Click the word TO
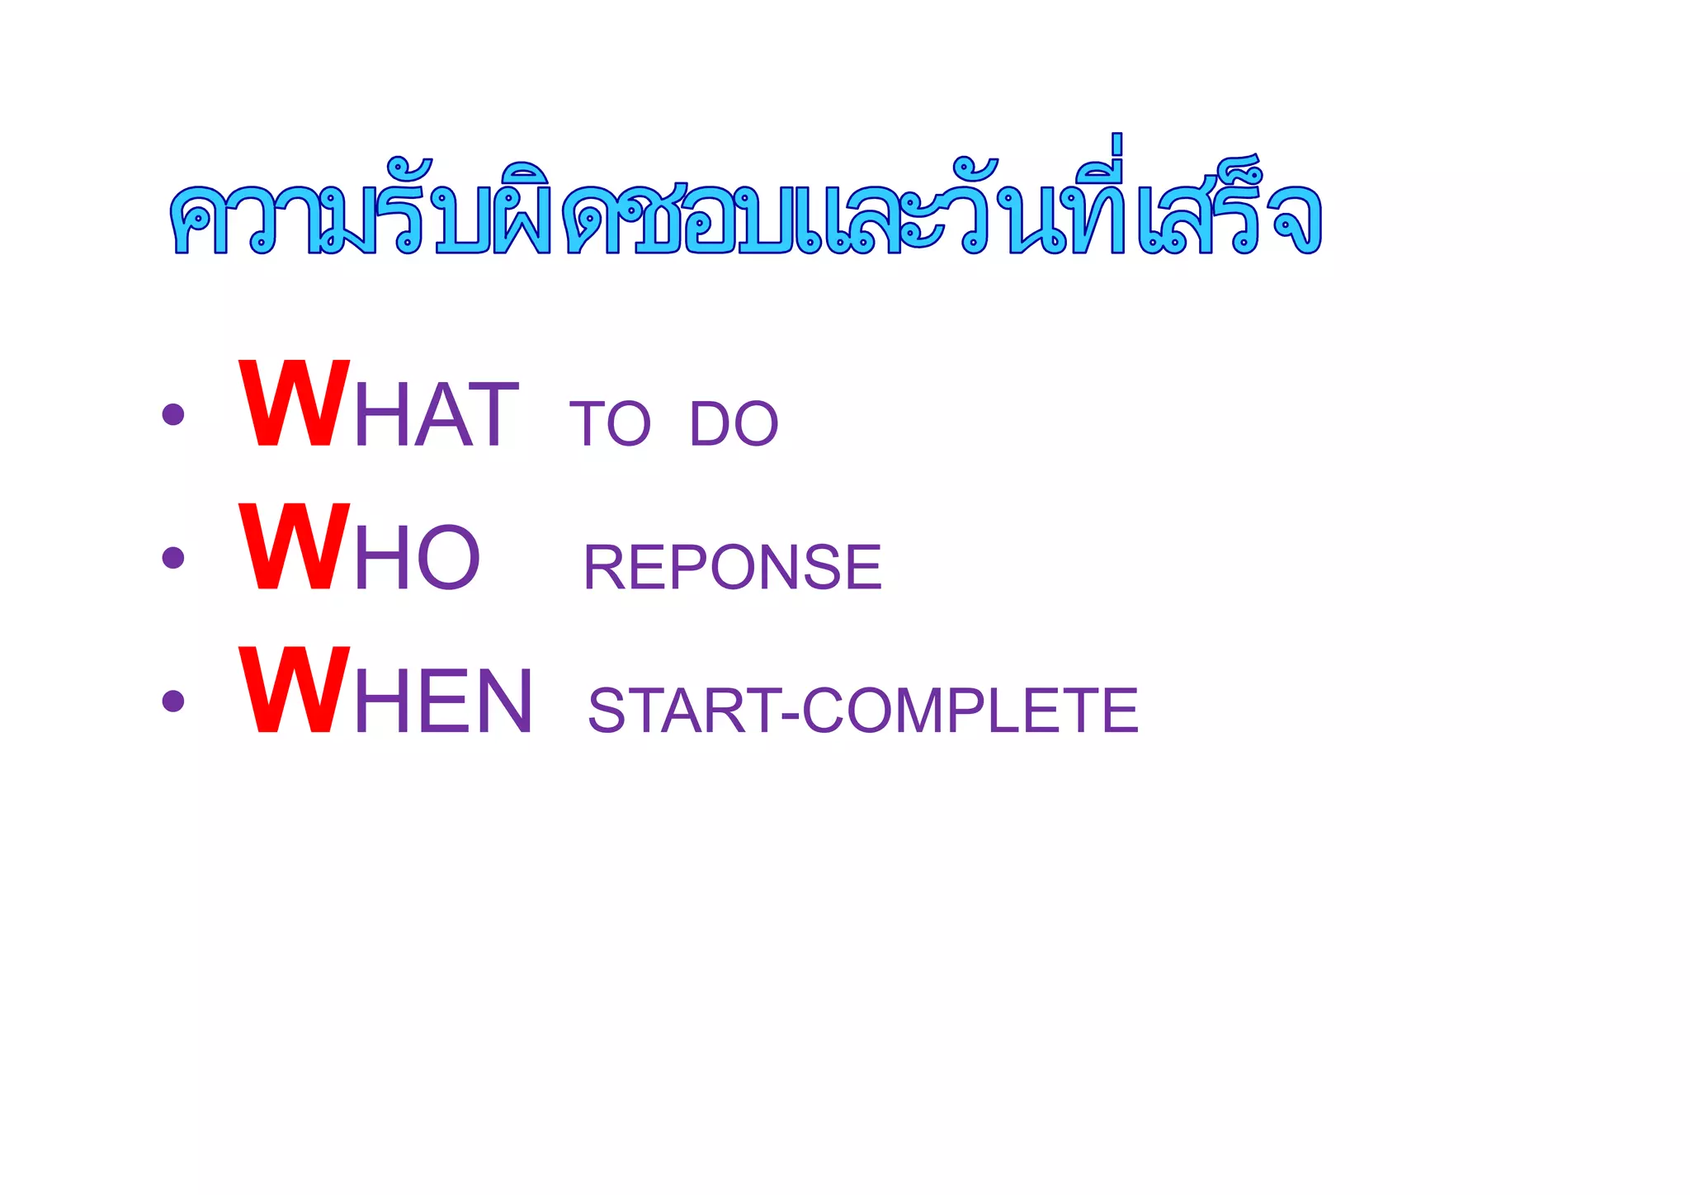pyautogui.click(x=610, y=424)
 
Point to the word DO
pyautogui.click(x=734, y=424)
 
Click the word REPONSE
pyautogui.click(x=733, y=567)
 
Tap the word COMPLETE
pyautogui.click(x=970, y=711)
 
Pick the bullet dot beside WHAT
pyautogui.click(x=173, y=413)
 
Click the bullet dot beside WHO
pyautogui.click(x=173, y=558)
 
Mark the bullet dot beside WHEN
pyautogui.click(x=173, y=701)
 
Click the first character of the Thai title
pyautogui.click(x=198, y=220)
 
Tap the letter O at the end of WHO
pyautogui.click(x=449, y=559)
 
